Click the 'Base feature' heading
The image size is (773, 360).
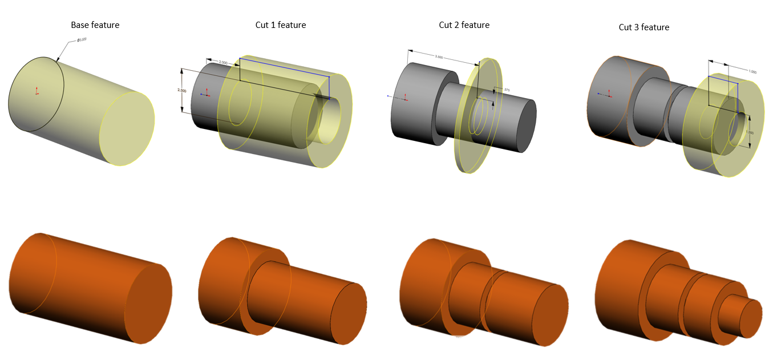(x=95, y=25)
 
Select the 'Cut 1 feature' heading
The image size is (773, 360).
(x=280, y=25)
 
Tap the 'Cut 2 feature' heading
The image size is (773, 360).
(x=464, y=25)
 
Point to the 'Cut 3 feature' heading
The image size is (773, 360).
(x=644, y=27)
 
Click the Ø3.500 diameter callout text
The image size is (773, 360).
(x=82, y=40)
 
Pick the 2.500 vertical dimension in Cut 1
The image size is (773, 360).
(x=182, y=91)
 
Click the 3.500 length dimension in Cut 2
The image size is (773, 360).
(x=439, y=58)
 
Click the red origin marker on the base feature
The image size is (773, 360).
(x=37, y=91)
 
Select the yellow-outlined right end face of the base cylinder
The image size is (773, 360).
(x=127, y=129)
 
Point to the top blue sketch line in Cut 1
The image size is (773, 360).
(x=284, y=67)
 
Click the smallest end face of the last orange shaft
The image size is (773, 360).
(x=750, y=317)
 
